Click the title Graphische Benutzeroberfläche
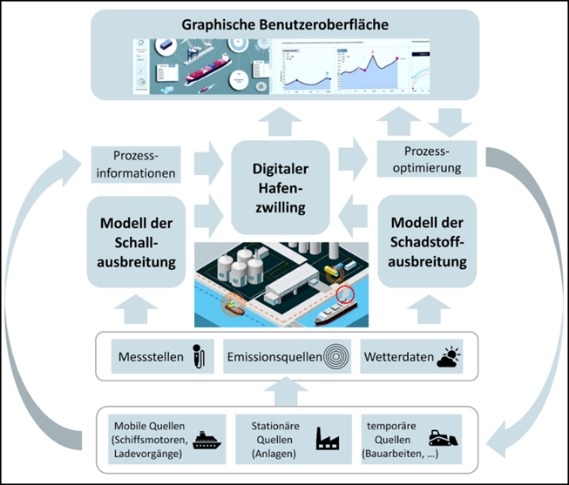(284, 24)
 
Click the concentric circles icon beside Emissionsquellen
(335, 357)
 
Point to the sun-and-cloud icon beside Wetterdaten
(449, 356)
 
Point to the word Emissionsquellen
(272, 357)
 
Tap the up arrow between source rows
(284, 392)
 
